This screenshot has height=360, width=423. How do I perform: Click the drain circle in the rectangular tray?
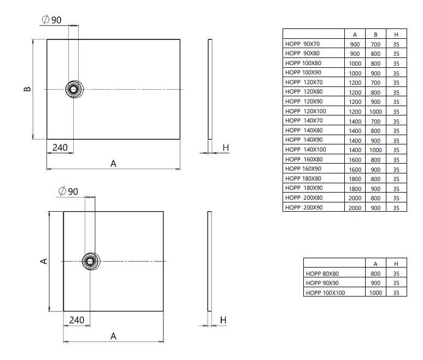[x=74, y=89]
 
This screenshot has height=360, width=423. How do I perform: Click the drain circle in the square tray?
[x=91, y=261]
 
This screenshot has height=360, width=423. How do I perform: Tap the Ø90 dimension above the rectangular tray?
[x=52, y=20]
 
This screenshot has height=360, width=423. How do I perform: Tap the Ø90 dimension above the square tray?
[x=68, y=191]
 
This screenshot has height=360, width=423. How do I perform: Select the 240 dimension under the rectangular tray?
[x=60, y=148]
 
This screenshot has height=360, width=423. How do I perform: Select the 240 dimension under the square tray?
[x=77, y=320]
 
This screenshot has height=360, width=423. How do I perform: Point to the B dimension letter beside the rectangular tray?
[x=27, y=89]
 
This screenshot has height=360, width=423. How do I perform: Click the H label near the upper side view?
[x=226, y=148]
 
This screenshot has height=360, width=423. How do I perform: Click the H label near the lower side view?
[x=223, y=320]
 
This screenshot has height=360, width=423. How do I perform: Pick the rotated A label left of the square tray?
[x=44, y=261]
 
